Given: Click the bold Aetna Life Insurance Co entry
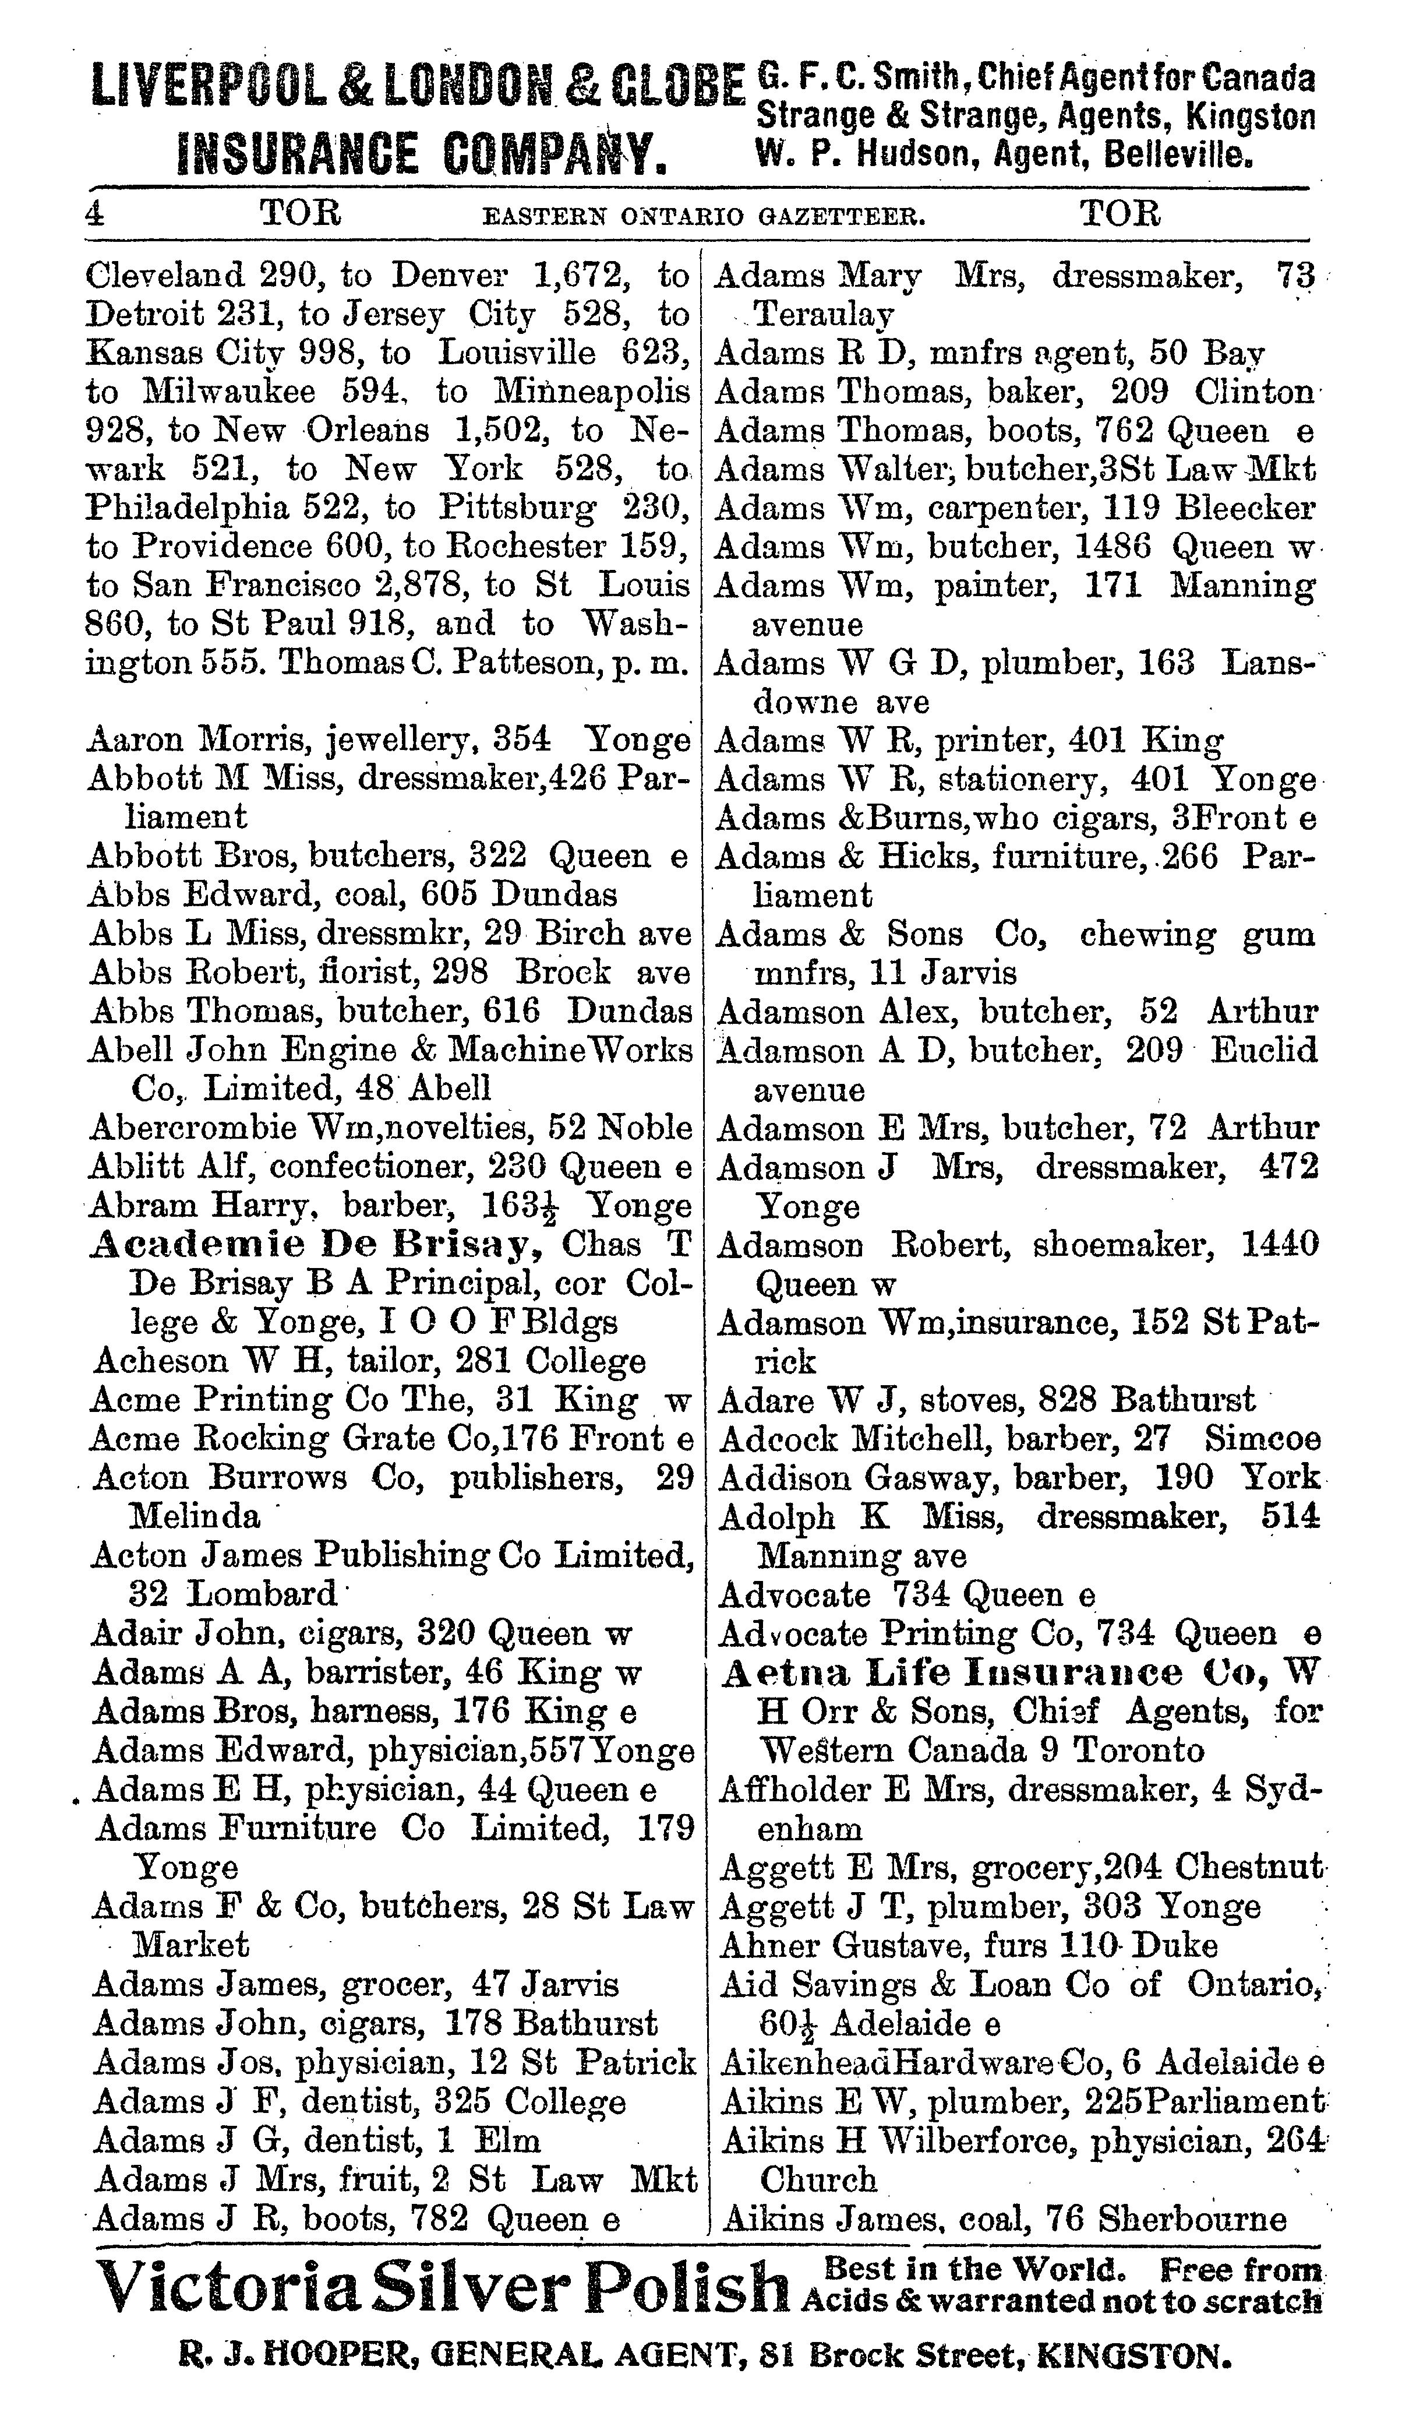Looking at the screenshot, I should coord(1001,1673).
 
